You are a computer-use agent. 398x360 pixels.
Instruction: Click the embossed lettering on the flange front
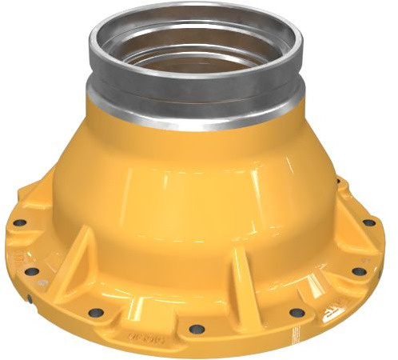point(151,337)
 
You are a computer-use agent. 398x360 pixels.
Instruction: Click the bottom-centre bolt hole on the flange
point(195,328)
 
